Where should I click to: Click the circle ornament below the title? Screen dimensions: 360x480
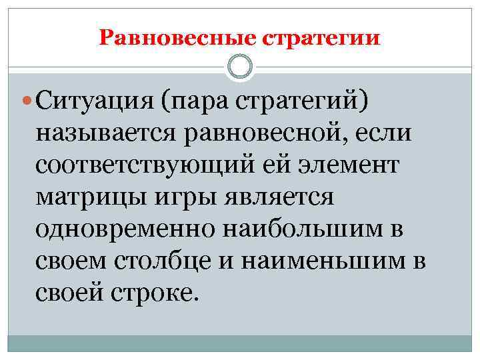(240, 67)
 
